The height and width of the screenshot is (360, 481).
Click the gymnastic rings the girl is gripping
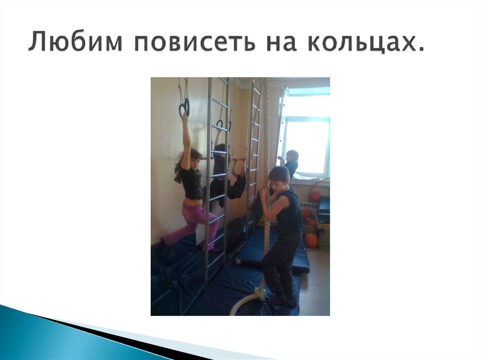tap(184, 109)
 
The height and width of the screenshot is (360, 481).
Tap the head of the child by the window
tap(292, 156)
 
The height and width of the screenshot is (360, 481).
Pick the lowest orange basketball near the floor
tap(311, 240)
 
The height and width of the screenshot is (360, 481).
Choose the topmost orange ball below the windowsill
tap(314, 197)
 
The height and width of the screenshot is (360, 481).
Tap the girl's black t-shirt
tap(192, 183)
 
